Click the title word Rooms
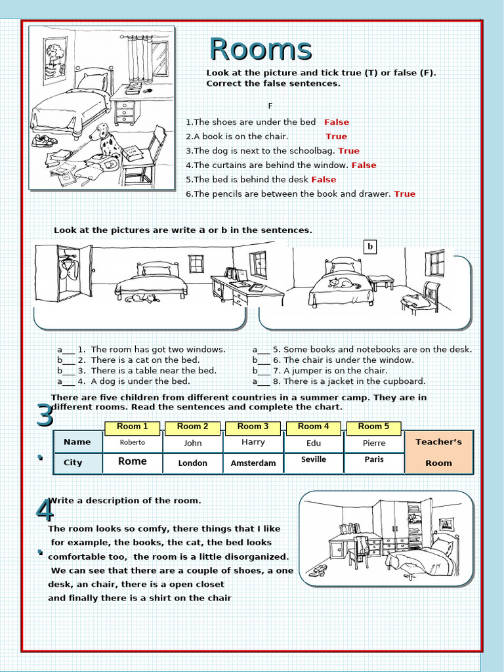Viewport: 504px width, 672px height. [261, 50]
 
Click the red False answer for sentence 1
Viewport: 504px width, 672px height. [337, 122]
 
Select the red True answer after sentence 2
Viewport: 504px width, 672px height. [336, 136]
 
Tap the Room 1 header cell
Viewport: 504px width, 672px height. [133, 427]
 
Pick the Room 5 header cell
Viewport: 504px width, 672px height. [373, 427]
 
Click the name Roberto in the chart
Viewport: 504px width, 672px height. [133, 442]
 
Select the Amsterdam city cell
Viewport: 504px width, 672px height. [253, 463]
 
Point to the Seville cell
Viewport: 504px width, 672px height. [314, 459]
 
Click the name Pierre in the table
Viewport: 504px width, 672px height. [374, 443]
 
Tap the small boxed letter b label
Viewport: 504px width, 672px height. [370, 247]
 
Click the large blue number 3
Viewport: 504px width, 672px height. [45, 417]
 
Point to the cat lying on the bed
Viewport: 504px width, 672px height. [343, 283]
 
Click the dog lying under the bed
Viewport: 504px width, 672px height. [142, 298]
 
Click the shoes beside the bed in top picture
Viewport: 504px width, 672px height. [44, 140]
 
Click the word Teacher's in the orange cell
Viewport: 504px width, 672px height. [438, 442]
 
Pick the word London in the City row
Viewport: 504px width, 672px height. [193, 463]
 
